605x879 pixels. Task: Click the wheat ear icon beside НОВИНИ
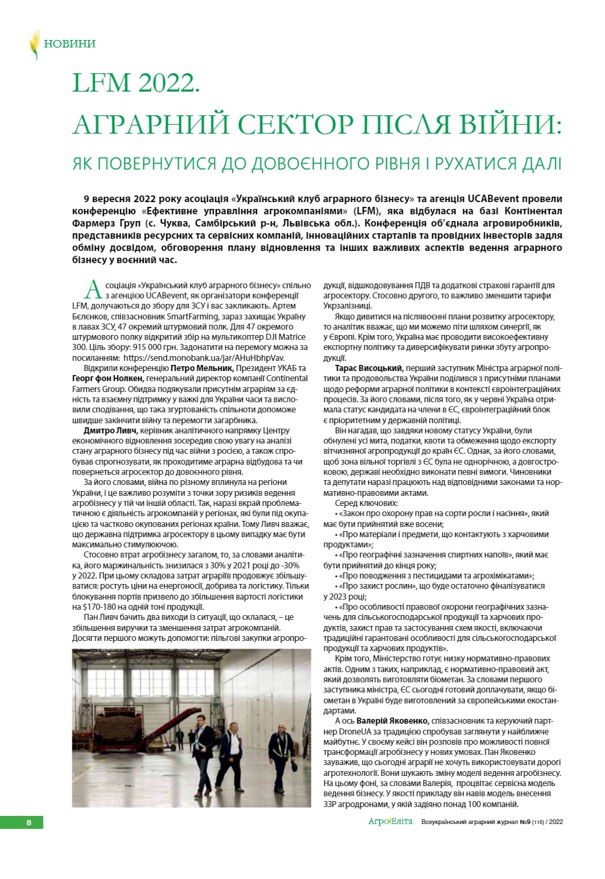coord(34,44)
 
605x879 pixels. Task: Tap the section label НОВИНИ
coord(69,44)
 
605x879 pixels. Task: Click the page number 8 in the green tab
coord(28,823)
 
